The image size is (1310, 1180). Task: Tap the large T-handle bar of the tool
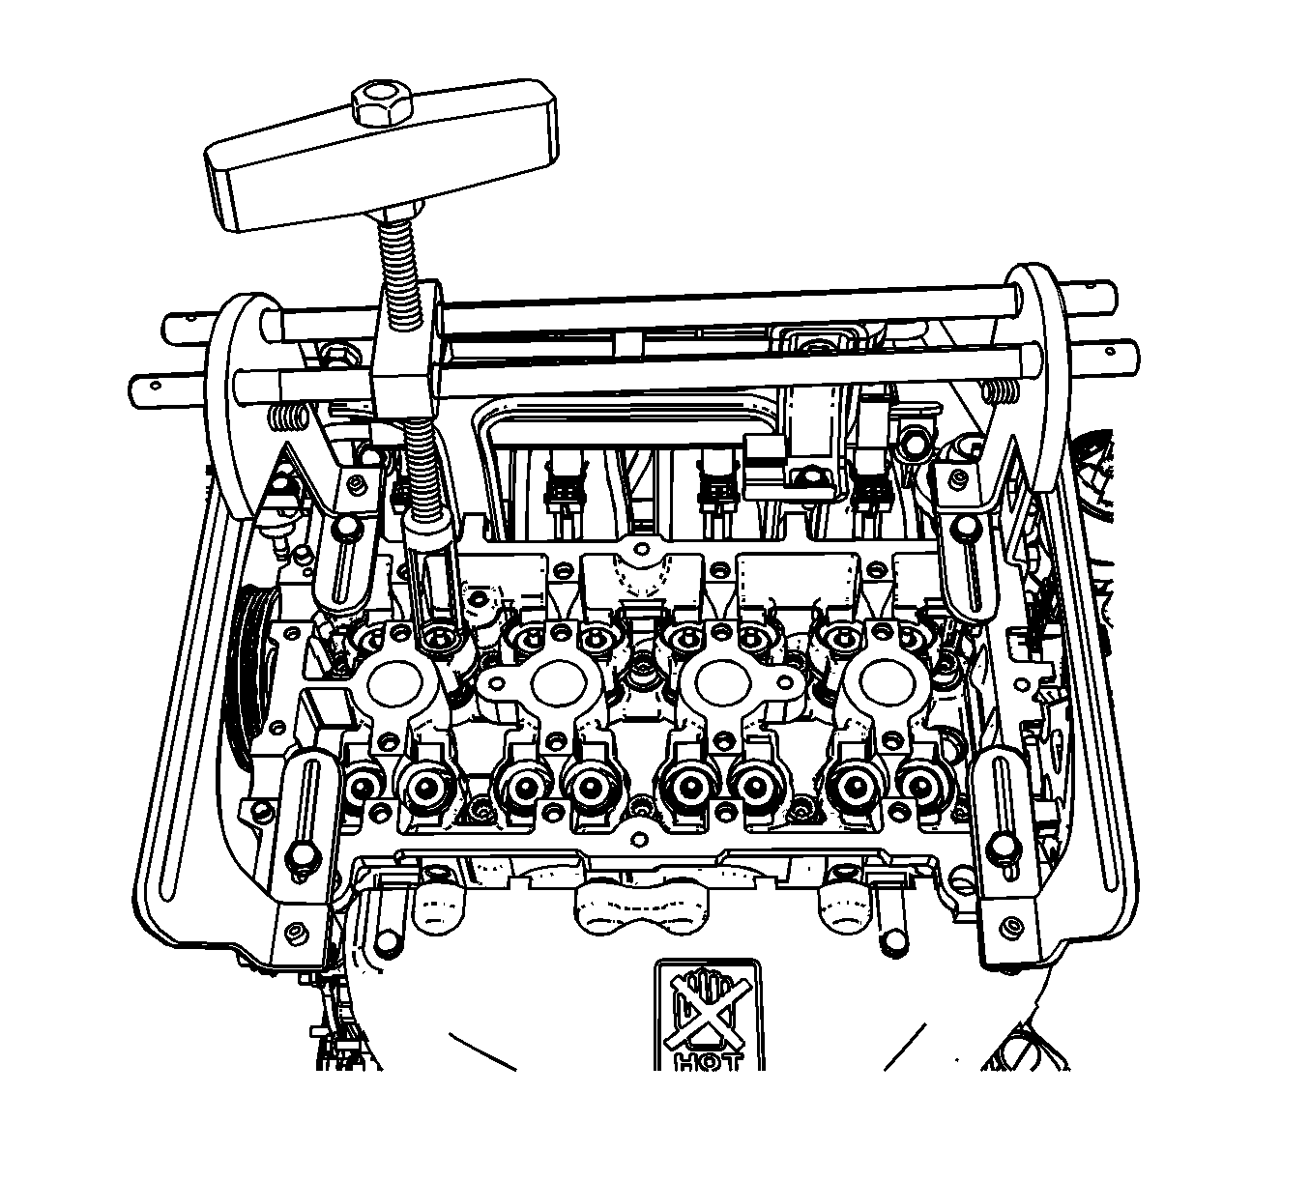click(x=381, y=157)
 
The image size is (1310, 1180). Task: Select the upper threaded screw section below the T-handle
click(x=397, y=255)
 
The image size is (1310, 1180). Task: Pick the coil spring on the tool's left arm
click(x=287, y=417)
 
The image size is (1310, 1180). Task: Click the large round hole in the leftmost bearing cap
click(x=394, y=683)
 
